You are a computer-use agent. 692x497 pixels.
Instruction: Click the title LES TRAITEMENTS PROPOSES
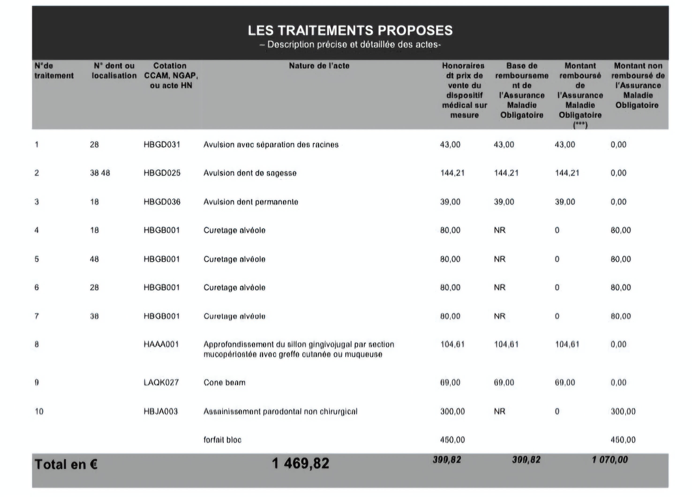coord(350,30)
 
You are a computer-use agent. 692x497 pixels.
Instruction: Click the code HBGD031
coord(162,144)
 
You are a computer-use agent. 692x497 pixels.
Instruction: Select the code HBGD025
coord(162,173)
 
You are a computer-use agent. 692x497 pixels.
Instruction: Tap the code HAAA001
coord(161,344)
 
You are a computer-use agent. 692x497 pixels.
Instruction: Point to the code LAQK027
coord(161,382)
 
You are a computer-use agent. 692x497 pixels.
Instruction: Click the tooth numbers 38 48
coord(100,173)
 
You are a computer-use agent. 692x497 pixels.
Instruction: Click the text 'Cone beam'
coord(224,382)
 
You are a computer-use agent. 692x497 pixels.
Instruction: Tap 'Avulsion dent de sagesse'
coord(250,173)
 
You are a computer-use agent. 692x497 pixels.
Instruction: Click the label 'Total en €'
coord(66,464)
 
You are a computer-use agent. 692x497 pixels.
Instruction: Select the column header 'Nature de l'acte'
coord(319,66)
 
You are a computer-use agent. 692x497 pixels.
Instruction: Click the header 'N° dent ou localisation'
coord(114,71)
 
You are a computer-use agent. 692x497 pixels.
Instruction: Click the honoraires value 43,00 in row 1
coord(450,144)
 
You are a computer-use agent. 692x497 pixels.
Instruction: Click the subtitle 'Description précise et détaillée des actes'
coord(350,45)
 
